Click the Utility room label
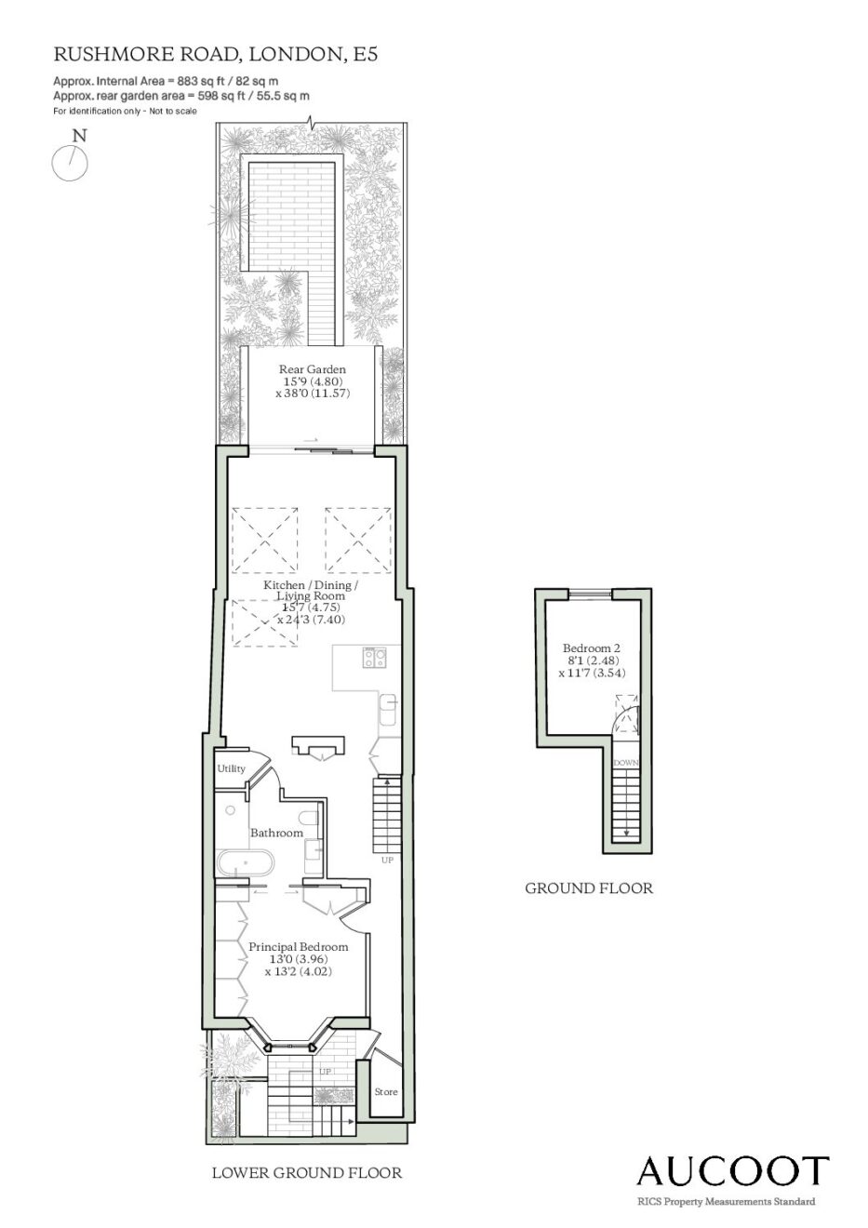(231, 768)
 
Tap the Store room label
(386, 1091)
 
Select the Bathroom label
(276, 833)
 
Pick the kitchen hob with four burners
(374, 657)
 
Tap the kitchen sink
(389, 710)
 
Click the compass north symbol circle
(70, 163)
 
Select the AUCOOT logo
(732, 1172)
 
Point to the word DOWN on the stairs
(625, 763)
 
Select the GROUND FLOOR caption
(589, 888)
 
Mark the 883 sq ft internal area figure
(188, 81)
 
